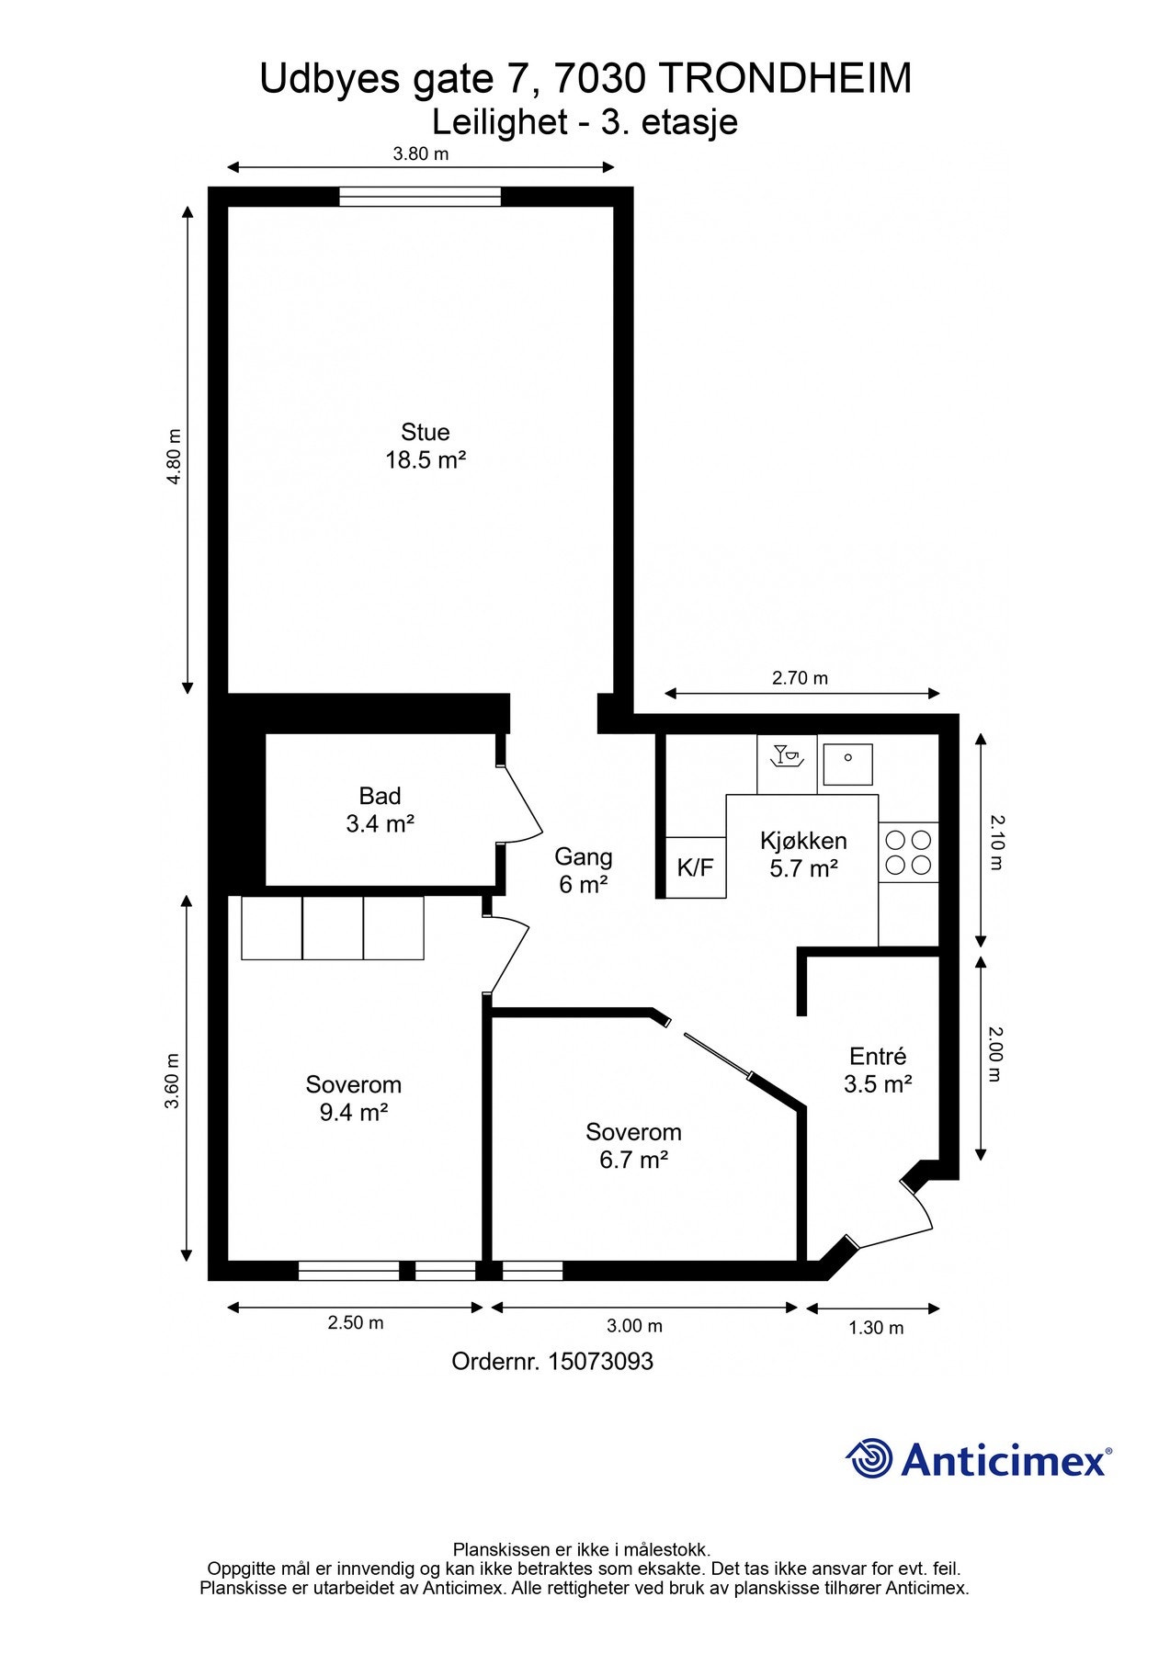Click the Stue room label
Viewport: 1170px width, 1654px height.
coord(425,446)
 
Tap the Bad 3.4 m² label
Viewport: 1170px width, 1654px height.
coord(380,810)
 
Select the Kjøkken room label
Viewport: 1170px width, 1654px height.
coord(803,855)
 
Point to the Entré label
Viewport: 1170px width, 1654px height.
coord(878,1070)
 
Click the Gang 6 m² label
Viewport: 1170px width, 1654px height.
coord(583,870)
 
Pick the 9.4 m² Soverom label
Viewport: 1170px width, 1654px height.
coord(353,1098)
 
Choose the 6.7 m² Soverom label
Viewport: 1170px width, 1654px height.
coord(633,1146)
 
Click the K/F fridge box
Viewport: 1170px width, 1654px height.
coord(695,867)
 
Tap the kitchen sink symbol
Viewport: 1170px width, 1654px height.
coord(847,765)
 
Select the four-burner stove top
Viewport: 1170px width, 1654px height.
coord(908,852)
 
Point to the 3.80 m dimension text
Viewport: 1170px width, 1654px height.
coord(421,154)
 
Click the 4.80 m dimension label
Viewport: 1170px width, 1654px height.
coord(174,457)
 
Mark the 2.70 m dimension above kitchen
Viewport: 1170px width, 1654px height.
coord(800,678)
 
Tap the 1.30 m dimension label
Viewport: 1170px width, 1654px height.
coord(876,1328)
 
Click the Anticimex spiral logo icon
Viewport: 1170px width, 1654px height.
coord(869,1458)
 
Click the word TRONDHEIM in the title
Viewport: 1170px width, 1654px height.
coord(786,79)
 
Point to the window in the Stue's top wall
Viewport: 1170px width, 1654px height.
coord(420,197)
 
